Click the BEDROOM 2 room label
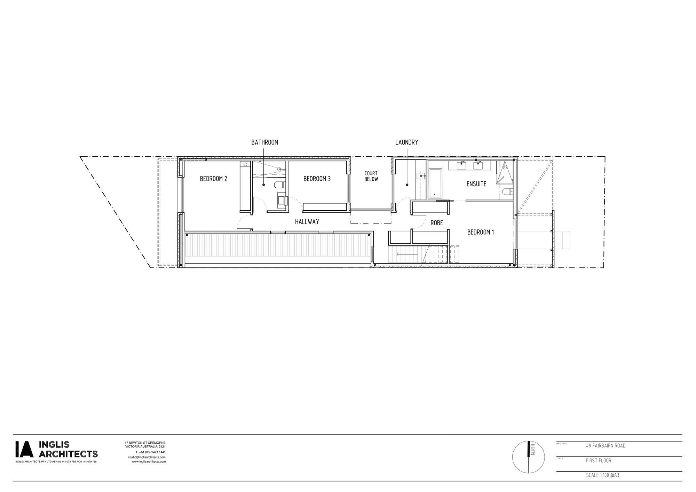[213, 179]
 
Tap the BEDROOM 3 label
[317, 179]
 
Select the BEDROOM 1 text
[480, 232]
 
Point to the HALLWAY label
[307, 221]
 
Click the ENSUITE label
[476, 184]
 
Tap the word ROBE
[437, 223]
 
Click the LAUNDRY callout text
[406, 142]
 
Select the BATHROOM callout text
[265, 142]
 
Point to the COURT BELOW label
[371, 176]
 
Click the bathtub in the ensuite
[435, 184]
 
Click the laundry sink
[421, 176]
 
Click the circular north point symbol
[529, 457]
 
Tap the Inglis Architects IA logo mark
[24, 449]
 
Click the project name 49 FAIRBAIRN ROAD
[606, 446]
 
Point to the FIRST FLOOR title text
[599, 461]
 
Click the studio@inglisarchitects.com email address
[147, 457]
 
